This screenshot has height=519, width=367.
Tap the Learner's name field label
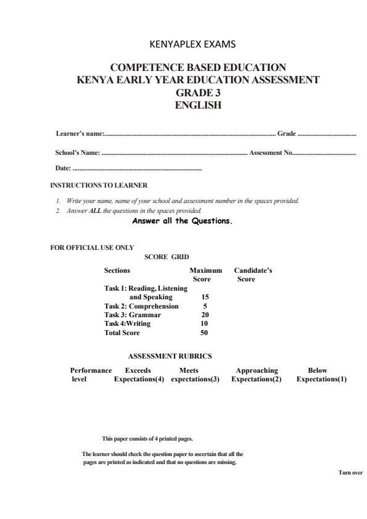pyautogui.click(x=80, y=133)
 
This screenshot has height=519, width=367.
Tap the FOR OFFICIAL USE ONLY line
pyautogui.click(x=92, y=247)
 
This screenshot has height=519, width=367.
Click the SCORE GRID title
pyautogui.click(x=167, y=256)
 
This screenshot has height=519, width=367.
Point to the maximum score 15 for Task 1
pyautogui.click(x=205, y=297)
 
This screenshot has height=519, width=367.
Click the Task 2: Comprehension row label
pyautogui.click(x=141, y=306)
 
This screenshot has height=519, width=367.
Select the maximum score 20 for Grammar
pyautogui.click(x=205, y=315)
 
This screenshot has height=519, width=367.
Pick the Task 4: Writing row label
pyautogui.click(x=127, y=323)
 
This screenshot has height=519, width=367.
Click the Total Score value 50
pyautogui.click(x=204, y=333)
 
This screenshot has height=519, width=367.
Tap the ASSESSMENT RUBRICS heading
pyautogui.click(x=170, y=356)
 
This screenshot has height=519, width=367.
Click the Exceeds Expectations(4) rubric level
pyautogui.click(x=139, y=375)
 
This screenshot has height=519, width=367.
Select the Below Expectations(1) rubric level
pyautogui.click(x=321, y=375)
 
